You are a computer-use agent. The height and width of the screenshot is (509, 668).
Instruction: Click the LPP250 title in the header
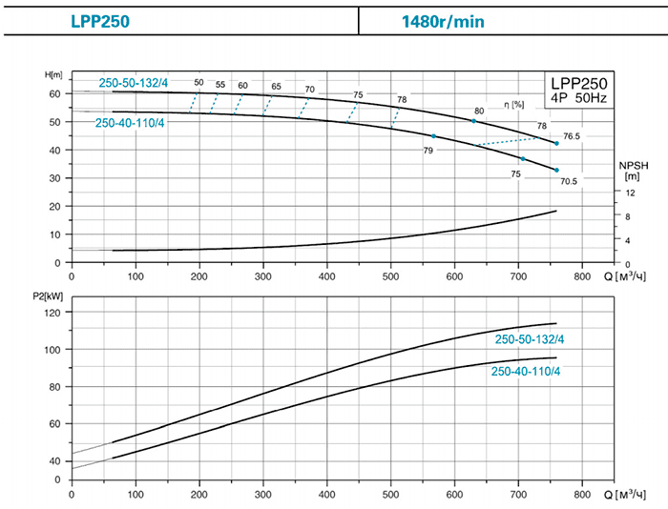coord(100,19)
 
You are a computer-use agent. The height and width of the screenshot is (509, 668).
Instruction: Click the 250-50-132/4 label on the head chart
coord(134,81)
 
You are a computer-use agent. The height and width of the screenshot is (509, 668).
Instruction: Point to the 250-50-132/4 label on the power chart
coord(528,339)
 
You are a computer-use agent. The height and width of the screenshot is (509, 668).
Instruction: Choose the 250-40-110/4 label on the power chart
coord(526,371)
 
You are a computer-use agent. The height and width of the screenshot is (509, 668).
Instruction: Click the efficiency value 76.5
coord(572,136)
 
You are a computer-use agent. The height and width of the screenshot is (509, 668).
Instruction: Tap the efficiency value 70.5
coord(570,181)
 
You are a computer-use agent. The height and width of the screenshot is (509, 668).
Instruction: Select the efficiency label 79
coord(428,151)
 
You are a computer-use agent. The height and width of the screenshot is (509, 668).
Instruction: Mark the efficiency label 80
coord(478,112)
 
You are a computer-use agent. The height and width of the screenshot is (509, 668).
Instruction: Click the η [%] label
coord(517,103)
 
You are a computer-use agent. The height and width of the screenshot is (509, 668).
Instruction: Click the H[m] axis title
coord(53,74)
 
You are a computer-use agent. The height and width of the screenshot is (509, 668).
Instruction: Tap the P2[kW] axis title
coord(47,296)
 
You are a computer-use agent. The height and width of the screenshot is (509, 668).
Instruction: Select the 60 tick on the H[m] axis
coord(54,93)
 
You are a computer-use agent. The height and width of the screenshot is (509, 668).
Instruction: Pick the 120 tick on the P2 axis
coord(52,313)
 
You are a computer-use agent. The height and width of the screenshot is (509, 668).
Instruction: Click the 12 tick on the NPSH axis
coord(628,192)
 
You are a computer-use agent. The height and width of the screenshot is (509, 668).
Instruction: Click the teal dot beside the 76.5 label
coord(556,143)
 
